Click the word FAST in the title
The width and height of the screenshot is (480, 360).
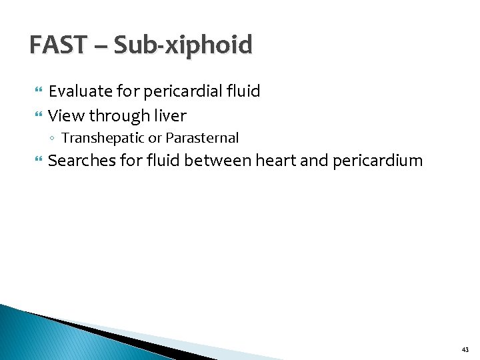pos(57,45)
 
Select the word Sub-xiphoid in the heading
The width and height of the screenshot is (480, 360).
pos(183,45)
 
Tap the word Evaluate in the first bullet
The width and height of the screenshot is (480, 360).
pos(81,91)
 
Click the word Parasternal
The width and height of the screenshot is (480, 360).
pos(202,139)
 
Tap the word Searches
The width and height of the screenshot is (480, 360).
pos(81,161)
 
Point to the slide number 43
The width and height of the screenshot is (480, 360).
pos(465,350)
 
